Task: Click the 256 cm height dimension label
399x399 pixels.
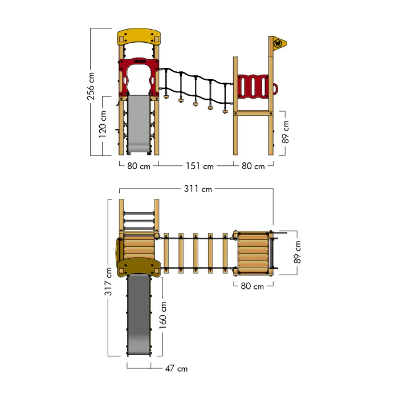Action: tap(91, 86)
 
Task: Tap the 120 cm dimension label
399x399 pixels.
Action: tap(103, 124)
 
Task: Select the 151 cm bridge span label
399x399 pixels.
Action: tap(199, 166)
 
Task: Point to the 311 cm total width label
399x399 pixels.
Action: tap(198, 189)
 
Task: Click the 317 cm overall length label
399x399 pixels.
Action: tap(108, 282)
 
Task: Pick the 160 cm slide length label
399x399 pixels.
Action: tap(163, 315)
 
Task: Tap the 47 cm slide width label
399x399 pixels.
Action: tap(176, 368)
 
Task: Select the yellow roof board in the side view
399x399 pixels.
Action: tap(139, 36)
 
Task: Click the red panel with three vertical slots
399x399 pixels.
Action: tap(253, 86)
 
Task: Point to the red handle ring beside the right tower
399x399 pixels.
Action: tap(275, 89)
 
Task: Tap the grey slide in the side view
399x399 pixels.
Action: tap(139, 124)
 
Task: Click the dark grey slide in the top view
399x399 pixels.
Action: tap(139, 315)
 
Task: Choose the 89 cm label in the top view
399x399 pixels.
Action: tap(297, 253)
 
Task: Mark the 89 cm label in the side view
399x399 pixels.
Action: tap(286, 132)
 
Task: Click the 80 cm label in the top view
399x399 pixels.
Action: tap(253, 286)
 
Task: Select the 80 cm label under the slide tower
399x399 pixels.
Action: tap(139, 166)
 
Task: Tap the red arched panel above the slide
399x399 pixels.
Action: tap(139, 78)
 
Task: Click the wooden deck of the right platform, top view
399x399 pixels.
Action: tap(253, 253)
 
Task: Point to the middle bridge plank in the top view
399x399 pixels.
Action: tap(196, 253)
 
